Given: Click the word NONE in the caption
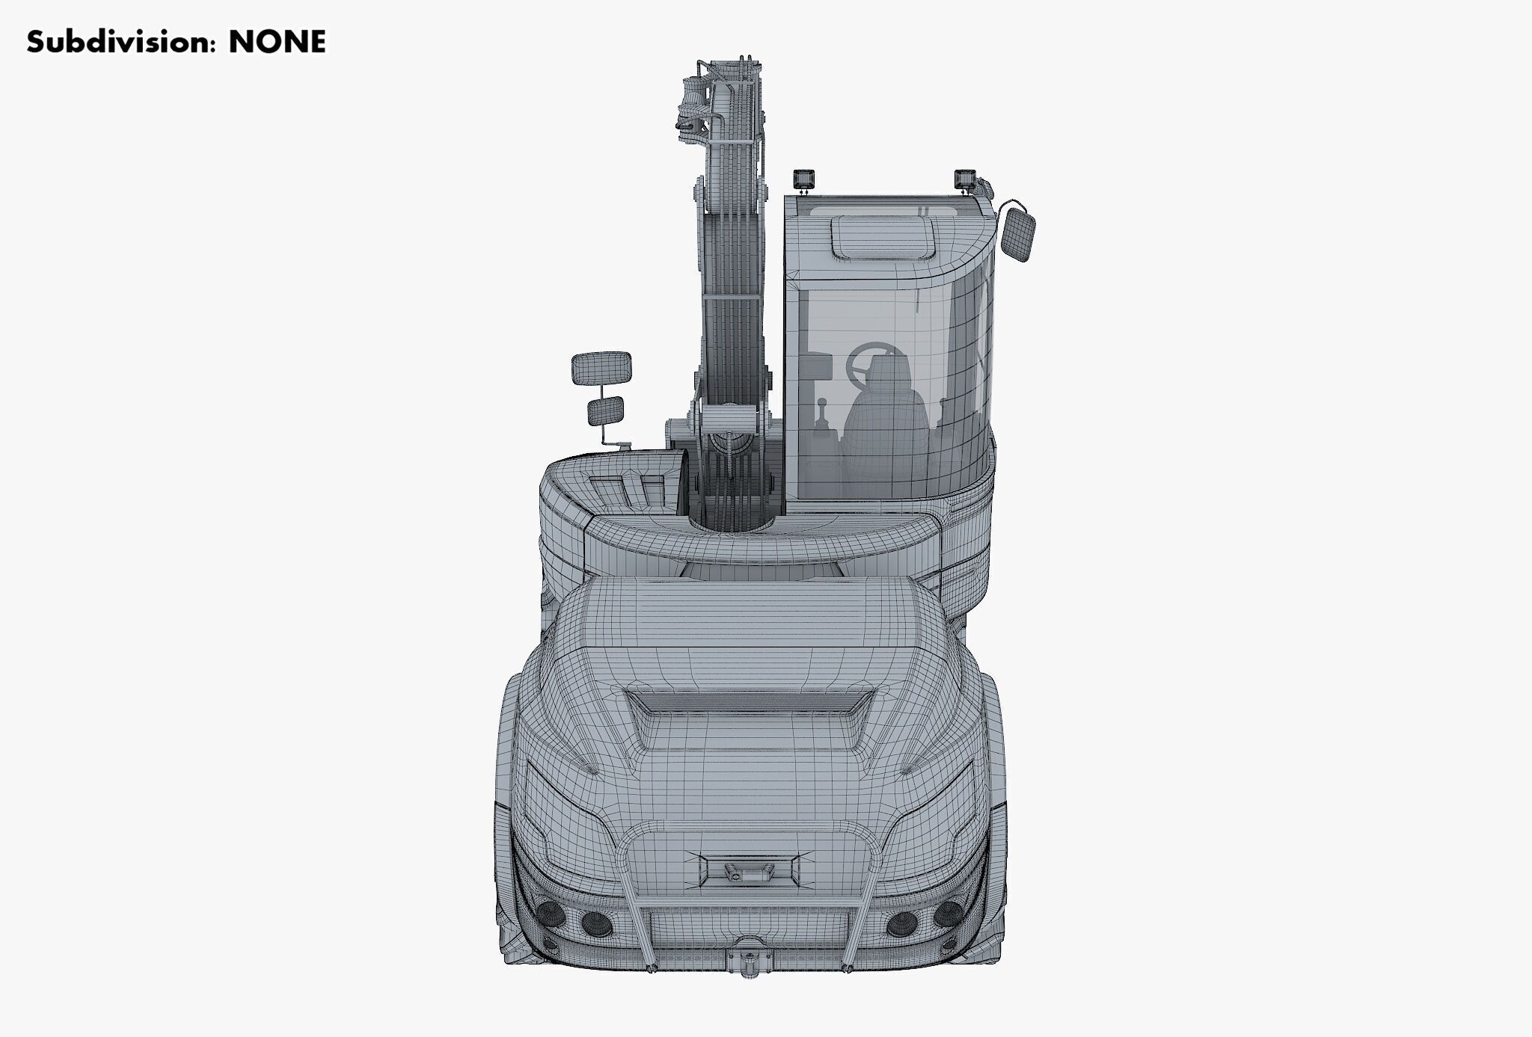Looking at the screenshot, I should click(x=277, y=42).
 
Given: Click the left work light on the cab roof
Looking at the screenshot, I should click(x=805, y=179).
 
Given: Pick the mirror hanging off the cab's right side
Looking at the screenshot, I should click(x=1018, y=234).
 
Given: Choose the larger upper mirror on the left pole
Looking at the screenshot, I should click(x=601, y=367).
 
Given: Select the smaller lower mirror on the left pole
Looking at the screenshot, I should click(x=605, y=410).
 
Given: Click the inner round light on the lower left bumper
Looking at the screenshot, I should click(x=597, y=925).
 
